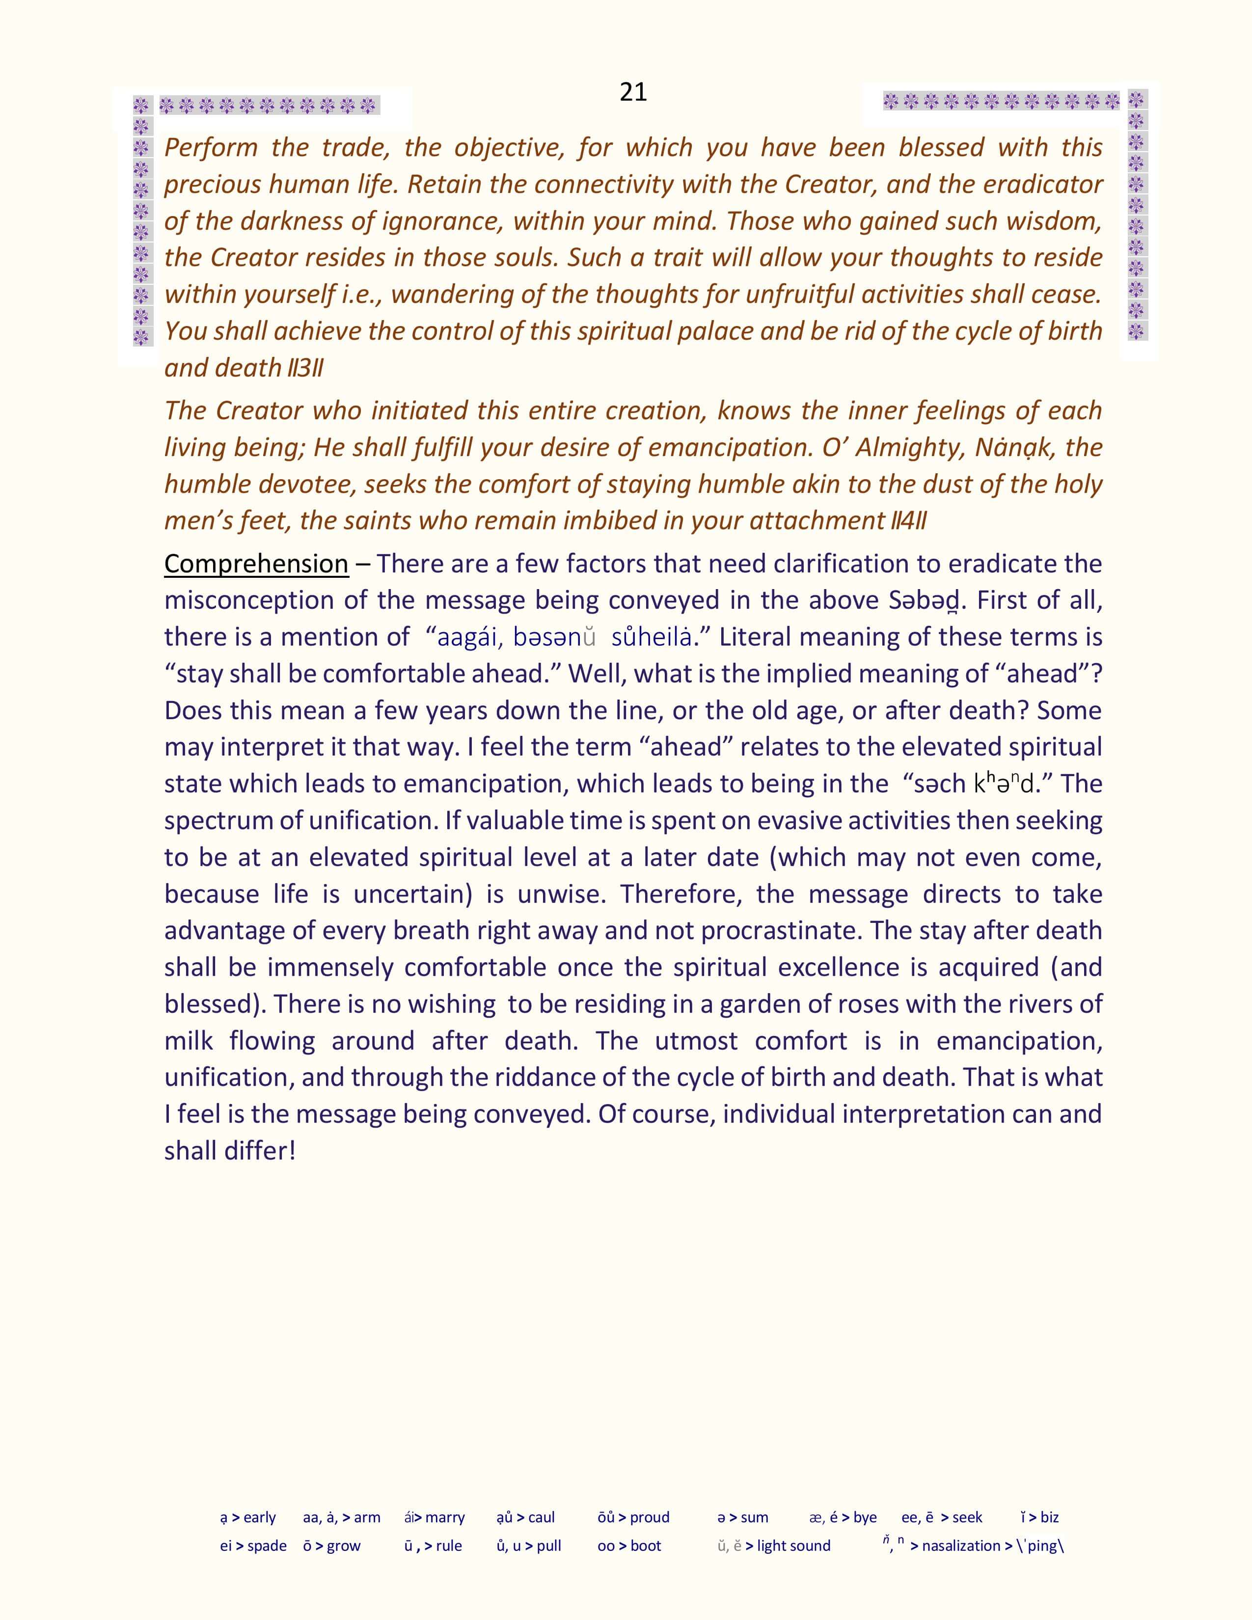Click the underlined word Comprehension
pos(256,564)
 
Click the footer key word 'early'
pos(260,1517)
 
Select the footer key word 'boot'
pos(646,1546)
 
